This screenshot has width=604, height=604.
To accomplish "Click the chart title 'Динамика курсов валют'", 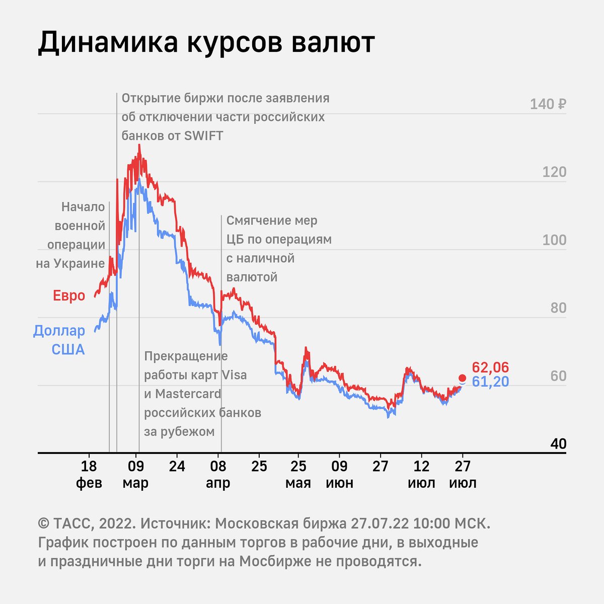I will click(x=206, y=42).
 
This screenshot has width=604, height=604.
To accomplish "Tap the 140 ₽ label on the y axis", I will click(x=548, y=104).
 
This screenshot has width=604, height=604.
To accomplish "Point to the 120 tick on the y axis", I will click(x=554, y=172).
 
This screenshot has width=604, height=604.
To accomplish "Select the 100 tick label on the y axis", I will click(x=554, y=240).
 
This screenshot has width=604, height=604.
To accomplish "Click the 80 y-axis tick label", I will click(x=558, y=308).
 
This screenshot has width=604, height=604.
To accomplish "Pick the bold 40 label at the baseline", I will click(x=558, y=444).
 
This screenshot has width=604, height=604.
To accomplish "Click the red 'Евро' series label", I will click(x=69, y=295).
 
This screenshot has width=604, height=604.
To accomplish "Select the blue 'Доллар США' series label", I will click(x=59, y=340).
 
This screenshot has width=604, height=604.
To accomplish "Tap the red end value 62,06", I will click(x=490, y=367).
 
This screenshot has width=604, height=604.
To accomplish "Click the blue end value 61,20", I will click(x=490, y=382).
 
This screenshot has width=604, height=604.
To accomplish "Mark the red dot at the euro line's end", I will click(x=462, y=377).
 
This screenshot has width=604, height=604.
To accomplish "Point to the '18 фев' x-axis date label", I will click(x=89, y=474).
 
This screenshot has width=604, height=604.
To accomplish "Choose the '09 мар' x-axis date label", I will click(x=136, y=474).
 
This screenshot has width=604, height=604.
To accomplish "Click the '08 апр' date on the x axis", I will click(x=218, y=474).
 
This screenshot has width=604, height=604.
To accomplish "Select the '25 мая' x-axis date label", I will click(x=298, y=474).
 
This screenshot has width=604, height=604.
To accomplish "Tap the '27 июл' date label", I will click(x=463, y=474).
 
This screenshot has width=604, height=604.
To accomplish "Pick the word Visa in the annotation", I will click(x=234, y=375).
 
